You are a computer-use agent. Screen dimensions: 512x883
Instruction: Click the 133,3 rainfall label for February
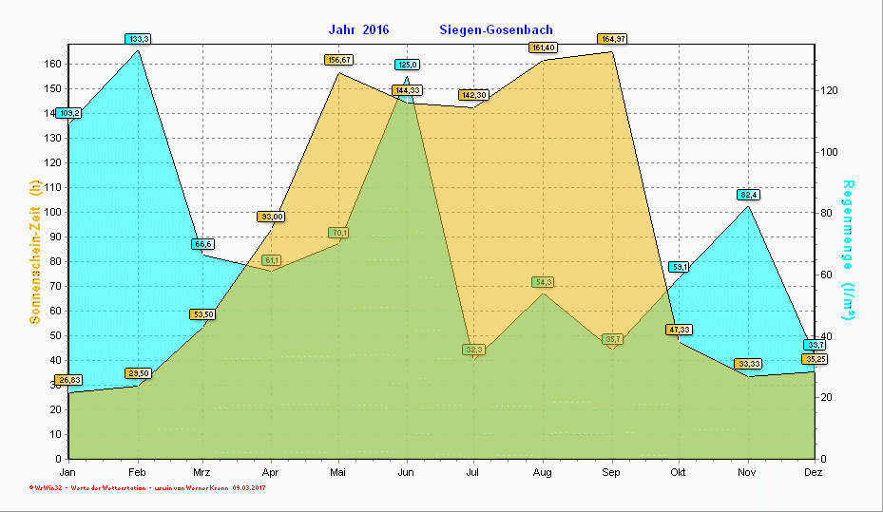point(138,39)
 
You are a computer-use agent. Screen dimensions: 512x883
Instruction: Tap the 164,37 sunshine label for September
point(611,39)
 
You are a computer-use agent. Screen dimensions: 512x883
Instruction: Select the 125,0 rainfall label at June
point(407,65)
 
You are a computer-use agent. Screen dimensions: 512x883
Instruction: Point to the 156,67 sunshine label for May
point(338,60)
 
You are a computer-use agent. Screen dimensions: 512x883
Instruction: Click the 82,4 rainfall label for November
point(748,195)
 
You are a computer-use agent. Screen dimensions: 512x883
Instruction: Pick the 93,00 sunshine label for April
point(271,217)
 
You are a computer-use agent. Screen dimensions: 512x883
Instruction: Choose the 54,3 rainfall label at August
point(544,282)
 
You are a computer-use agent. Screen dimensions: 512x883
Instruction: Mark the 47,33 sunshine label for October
point(679,330)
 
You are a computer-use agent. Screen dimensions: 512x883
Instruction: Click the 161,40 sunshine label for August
point(544,47)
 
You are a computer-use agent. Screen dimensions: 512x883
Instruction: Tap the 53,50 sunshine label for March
point(202,314)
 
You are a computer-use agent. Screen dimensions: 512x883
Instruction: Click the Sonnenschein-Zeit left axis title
point(35,251)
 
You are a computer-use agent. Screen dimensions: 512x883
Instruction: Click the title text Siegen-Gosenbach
point(496,30)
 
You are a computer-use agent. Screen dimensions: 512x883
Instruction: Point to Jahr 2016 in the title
point(358,30)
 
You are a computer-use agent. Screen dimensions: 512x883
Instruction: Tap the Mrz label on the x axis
point(202,472)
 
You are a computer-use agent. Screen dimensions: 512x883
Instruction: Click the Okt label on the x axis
point(679,472)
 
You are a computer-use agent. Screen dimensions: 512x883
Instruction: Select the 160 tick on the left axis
point(53,64)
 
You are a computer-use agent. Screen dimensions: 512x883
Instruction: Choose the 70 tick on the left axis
point(56,286)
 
